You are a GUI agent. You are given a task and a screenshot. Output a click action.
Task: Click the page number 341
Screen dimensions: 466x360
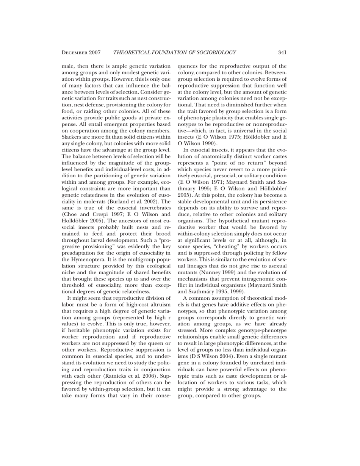pos(282,52)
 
